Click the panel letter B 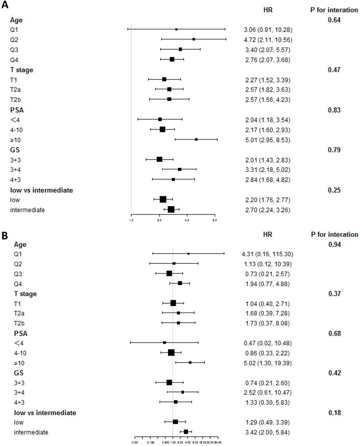tap(5, 235)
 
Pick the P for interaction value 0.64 tap(334, 20)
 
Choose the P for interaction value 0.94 tap(334, 244)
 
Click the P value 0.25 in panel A tap(334, 190)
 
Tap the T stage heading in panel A tap(22, 70)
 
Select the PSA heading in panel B tap(20, 333)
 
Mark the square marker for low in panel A tap(163, 200)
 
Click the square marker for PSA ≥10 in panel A tap(196, 139)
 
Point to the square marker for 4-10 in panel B tap(171, 353)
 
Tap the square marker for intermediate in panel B tap(186, 431)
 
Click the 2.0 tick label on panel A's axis tap(159, 219)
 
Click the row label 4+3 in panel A tap(16, 180)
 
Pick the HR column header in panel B tap(267, 235)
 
